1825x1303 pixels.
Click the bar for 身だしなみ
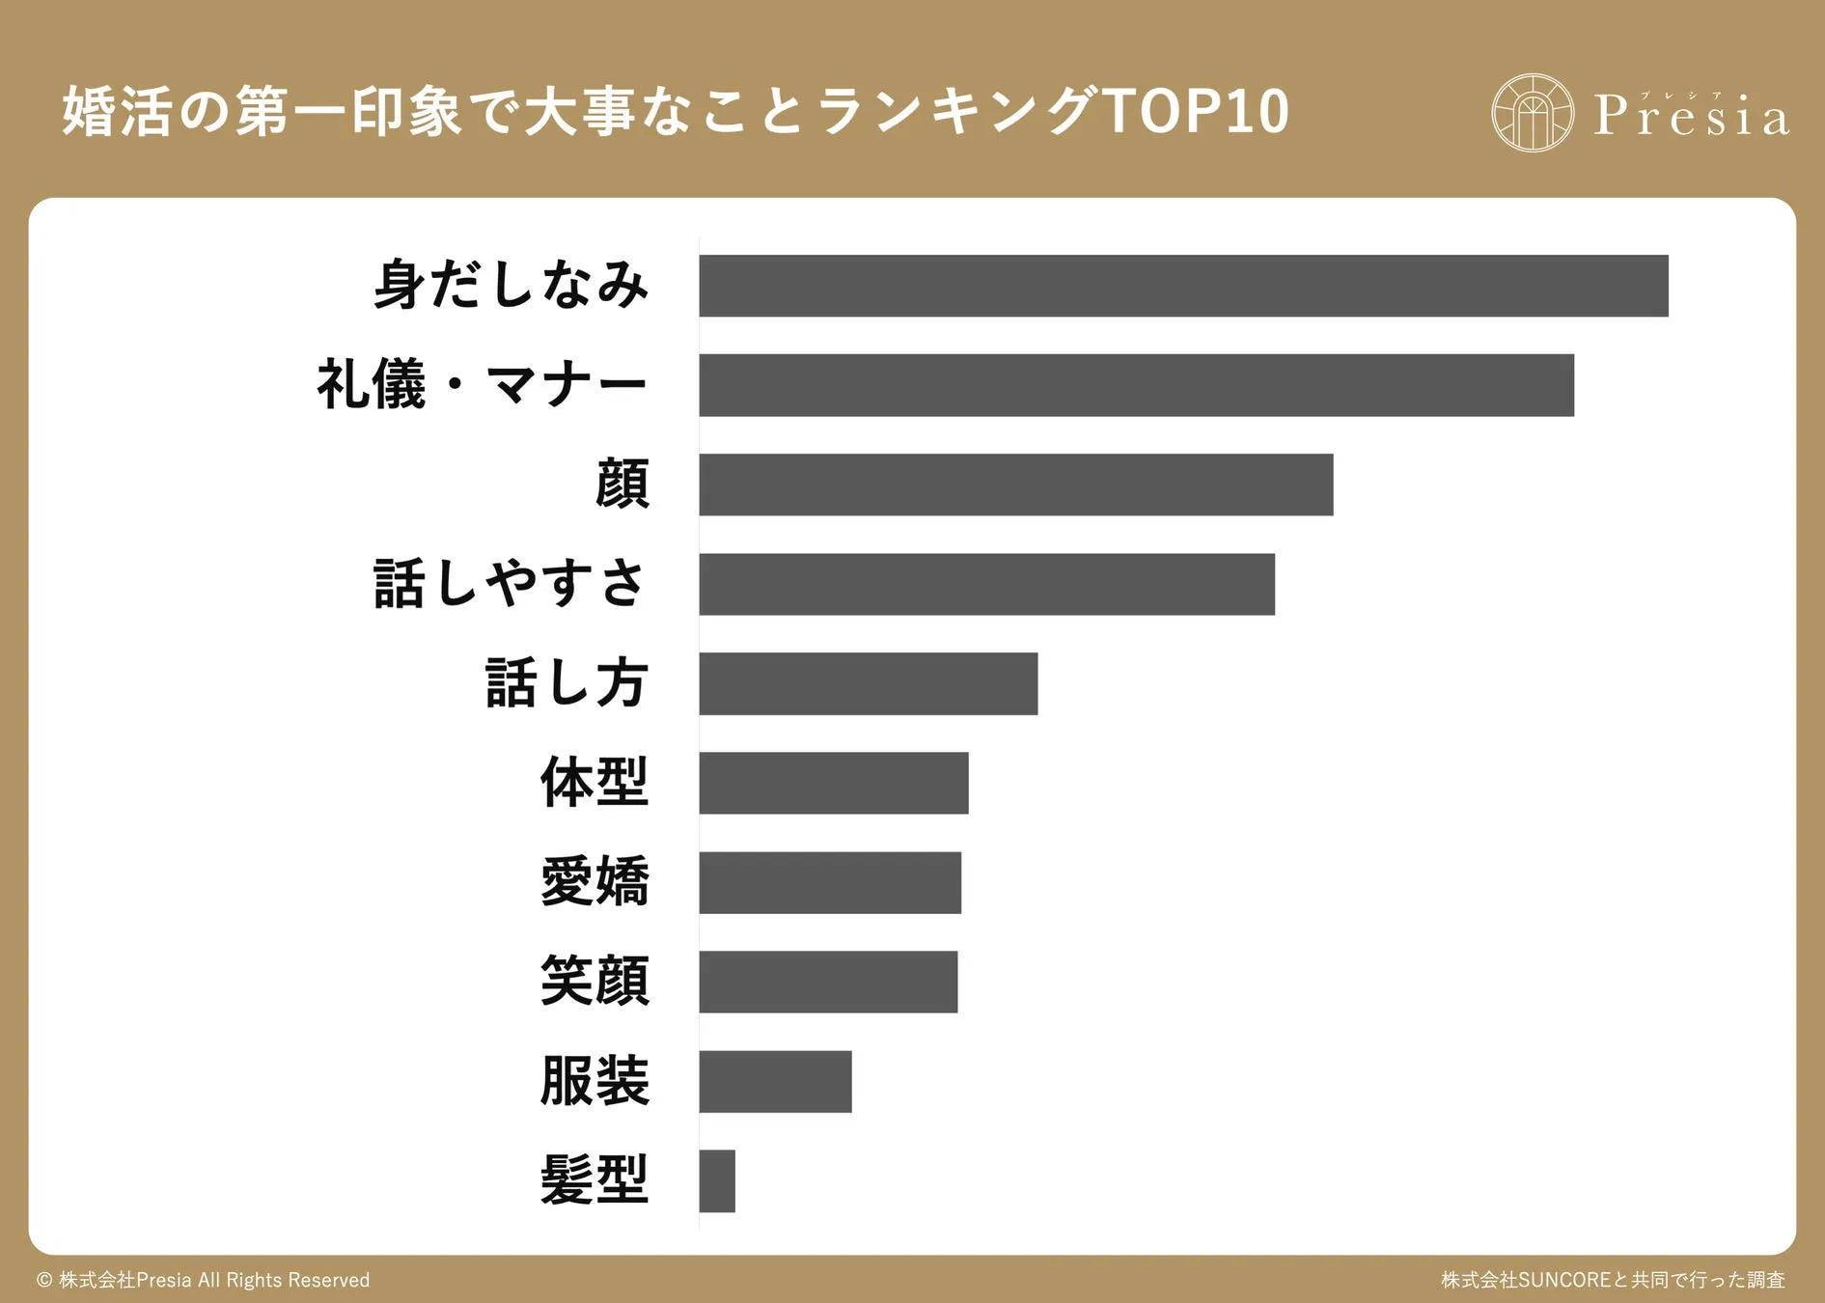click(x=1183, y=286)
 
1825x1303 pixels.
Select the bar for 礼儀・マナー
click(x=1136, y=385)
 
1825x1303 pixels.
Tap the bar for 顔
click(x=1015, y=485)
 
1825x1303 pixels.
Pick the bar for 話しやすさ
click(x=986, y=584)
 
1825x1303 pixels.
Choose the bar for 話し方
click(x=868, y=683)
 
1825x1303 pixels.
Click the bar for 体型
click(x=833, y=783)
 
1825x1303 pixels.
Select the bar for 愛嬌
click(x=830, y=882)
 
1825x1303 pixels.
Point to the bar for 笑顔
click(x=828, y=982)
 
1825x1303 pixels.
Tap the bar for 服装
click(x=775, y=1081)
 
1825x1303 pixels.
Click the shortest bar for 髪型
click(x=717, y=1180)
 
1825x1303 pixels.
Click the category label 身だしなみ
click(x=511, y=286)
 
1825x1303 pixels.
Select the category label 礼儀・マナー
click(x=482, y=385)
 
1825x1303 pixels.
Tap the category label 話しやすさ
click(x=510, y=584)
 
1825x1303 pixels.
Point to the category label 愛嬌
click(x=595, y=882)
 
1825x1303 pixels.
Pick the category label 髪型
click(x=595, y=1180)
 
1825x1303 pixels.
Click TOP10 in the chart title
click(x=1195, y=111)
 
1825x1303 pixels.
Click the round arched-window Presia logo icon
click(x=1532, y=113)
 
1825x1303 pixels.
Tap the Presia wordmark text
click(x=1691, y=116)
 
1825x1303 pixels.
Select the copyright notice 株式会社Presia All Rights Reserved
click(x=204, y=1280)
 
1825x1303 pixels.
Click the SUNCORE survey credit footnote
click(x=1613, y=1280)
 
